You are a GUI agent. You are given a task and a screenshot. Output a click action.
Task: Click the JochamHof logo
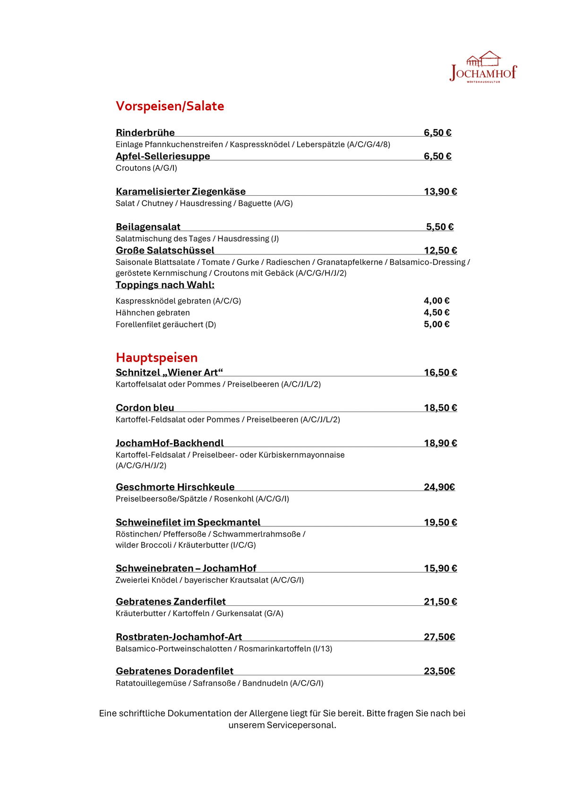click(483, 67)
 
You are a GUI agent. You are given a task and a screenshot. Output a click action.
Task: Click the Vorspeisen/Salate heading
click(170, 106)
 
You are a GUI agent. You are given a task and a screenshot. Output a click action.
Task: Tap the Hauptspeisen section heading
click(156, 358)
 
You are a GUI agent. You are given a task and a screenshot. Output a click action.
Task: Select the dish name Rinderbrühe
click(145, 132)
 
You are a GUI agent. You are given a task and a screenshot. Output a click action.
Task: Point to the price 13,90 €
click(440, 192)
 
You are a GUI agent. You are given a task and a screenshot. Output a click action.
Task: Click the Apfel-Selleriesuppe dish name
click(163, 156)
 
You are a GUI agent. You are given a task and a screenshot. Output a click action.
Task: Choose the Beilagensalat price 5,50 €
click(439, 227)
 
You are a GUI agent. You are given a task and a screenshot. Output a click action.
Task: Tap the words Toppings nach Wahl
click(165, 285)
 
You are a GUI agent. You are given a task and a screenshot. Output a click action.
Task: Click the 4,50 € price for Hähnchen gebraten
click(436, 313)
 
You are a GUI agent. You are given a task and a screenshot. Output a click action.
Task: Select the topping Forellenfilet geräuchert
click(165, 324)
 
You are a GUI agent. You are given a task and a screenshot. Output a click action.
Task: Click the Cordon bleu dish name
click(145, 408)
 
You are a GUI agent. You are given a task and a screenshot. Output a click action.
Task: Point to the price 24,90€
click(439, 487)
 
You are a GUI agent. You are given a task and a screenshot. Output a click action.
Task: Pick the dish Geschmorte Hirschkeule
click(175, 487)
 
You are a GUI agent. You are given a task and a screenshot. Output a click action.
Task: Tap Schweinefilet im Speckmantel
click(188, 522)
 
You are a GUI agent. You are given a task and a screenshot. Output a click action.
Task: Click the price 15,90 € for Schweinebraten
click(440, 568)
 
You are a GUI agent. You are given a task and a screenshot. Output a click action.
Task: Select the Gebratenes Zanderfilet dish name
click(171, 602)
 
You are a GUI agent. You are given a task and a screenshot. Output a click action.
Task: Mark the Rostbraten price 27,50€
click(439, 637)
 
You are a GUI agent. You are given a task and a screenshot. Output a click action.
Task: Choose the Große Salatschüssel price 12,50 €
click(440, 251)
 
